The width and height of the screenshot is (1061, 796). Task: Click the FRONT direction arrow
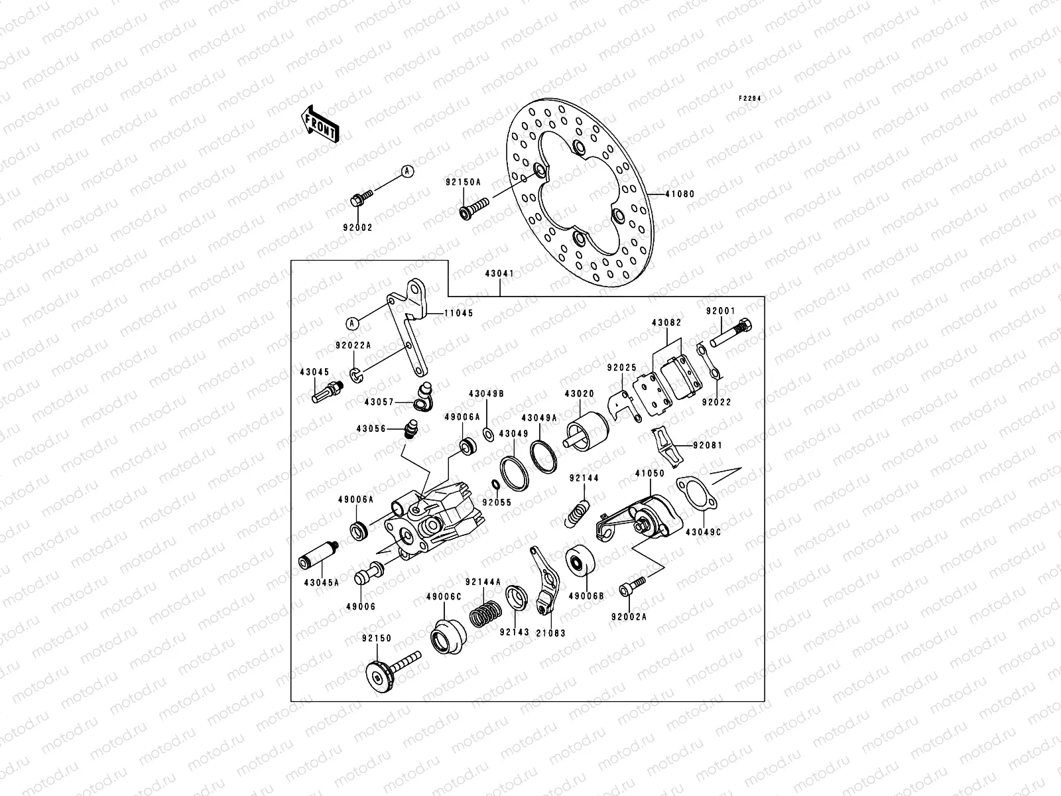(x=321, y=123)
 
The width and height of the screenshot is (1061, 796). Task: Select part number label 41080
(x=680, y=194)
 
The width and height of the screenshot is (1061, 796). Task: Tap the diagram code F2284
(x=749, y=98)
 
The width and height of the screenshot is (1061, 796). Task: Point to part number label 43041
(x=499, y=273)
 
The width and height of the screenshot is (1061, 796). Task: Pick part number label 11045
(x=459, y=312)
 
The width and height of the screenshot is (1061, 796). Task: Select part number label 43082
(x=666, y=322)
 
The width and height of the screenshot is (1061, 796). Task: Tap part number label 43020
(x=579, y=393)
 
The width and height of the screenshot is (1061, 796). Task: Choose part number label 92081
(x=708, y=445)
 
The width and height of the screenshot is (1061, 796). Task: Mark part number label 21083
(x=551, y=633)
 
